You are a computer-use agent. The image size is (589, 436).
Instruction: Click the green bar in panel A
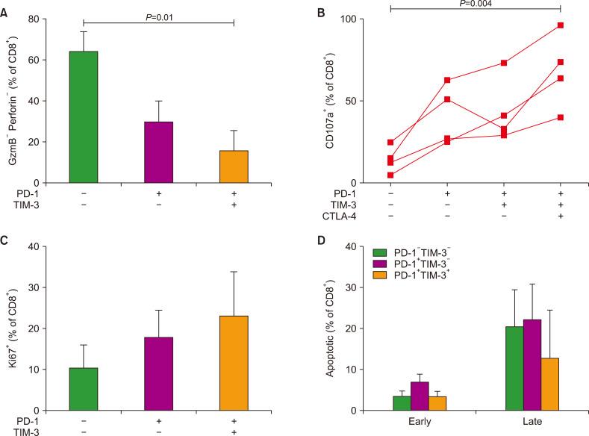pos(84,117)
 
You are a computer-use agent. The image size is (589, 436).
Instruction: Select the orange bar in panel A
pos(234,166)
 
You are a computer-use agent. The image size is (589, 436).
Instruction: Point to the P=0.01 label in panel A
pos(159,14)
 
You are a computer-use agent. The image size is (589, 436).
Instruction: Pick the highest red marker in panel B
pos(560,25)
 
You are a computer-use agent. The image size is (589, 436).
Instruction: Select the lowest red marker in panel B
pos(390,175)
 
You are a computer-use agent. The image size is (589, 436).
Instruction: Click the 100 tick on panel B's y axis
pos(362,19)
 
